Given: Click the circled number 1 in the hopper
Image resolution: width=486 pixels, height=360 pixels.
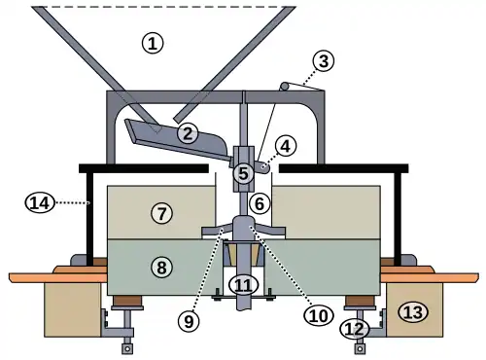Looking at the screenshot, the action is click(x=153, y=43).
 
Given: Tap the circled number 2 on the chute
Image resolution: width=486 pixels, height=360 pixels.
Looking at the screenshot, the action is click(x=188, y=133).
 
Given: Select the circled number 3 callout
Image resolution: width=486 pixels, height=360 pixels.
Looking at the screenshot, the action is click(x=324, y=61).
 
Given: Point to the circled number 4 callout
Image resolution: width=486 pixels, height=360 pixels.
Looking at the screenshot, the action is click(x=285, y=146).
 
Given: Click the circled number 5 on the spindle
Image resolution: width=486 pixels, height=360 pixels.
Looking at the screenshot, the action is click(x=243, y=173).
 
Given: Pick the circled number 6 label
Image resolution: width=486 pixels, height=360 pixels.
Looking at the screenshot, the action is click(x=260, y=203).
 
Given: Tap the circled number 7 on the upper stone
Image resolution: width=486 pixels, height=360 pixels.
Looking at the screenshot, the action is click(x=161, y=213).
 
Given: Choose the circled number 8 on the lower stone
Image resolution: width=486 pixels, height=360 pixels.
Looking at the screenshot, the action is click(x=161, y=268).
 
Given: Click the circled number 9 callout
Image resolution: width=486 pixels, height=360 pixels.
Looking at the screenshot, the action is click(x=189, y=321).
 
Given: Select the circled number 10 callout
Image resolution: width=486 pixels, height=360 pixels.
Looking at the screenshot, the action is click(x=319, y=315).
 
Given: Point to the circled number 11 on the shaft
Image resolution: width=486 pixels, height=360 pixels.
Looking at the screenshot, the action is click(x=243, y=286).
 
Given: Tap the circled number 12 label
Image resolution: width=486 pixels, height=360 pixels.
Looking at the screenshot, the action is click(x=355, y=330).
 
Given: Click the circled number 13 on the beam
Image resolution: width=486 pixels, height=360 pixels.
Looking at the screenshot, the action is click(x=414, y=312).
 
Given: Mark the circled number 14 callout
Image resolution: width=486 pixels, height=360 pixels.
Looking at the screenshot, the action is click(x=40, y=203).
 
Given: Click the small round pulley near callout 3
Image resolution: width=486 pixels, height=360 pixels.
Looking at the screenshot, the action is click(x=284, y=86).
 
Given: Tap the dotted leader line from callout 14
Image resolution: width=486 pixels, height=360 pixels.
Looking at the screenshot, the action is click(x=72, y=203).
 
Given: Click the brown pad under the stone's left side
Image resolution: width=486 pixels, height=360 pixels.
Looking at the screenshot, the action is click(x=127, y=301).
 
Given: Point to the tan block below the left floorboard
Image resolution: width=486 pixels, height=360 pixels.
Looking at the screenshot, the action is click(x=73, y=309).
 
